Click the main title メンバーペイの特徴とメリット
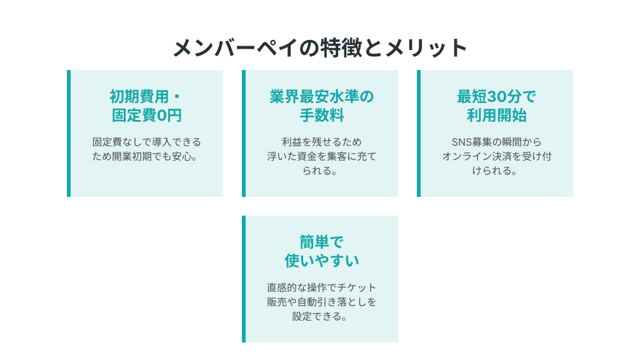[x=320, y=47]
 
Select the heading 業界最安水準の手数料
[x=322, y=106]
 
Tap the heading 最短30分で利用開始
[x=496, y=106]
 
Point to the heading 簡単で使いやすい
[x=322, y=251]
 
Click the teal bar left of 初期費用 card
[x=69, y=134]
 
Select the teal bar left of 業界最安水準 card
[x=244, y=134]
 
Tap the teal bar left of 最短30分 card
[x=419, y=134]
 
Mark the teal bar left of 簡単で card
[x=244, y=279]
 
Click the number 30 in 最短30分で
[x=497, y=97]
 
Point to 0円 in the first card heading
[x=169, y=116]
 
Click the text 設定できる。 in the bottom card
[x=319, y=316]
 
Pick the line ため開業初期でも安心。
[x=145, y=156]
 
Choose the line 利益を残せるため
[x=322, y=142]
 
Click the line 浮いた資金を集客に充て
[x=322, y=156]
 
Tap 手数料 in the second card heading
[x=322, y=116]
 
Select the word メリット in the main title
[x=426, y=47]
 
